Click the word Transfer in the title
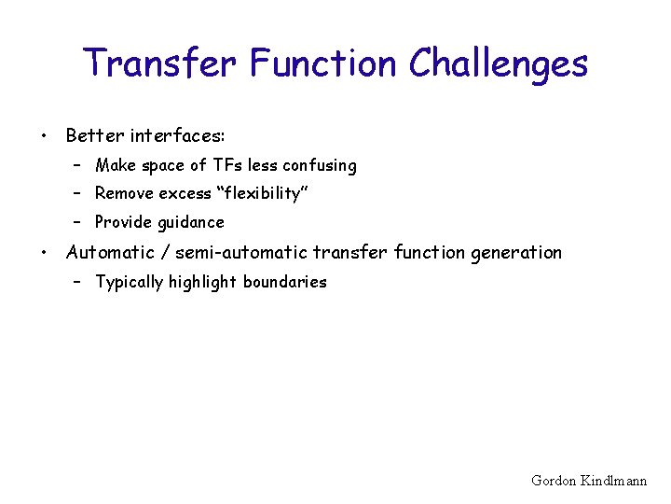point(163,63)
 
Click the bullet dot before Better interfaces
point(43,136)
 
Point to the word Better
point(95,136)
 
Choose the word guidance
point(190,223)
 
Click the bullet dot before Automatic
point(43,253)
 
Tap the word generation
point(517,253)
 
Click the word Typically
point(130,282)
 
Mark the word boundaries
point(284,282)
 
